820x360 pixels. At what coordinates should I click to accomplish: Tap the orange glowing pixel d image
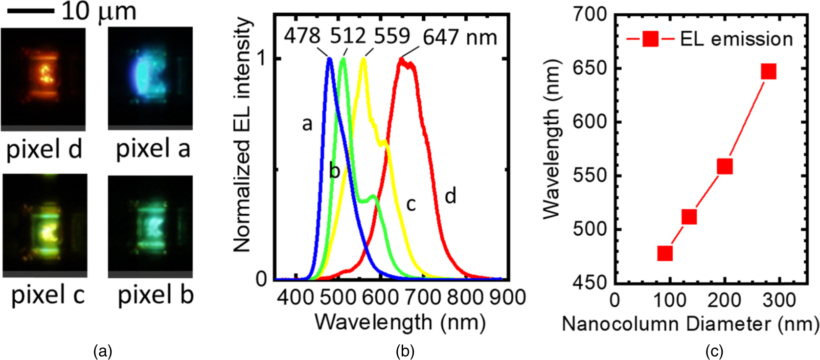(x=44, y=78)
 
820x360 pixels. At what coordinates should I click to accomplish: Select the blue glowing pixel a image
(x=150, y=78)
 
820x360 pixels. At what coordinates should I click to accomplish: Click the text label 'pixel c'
(x=47, y=295)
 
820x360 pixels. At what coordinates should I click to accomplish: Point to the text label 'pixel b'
(x=156, y=295)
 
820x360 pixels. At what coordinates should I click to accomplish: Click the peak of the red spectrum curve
(x=402, y=60)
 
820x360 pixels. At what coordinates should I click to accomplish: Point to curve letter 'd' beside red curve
(x=450, y=196)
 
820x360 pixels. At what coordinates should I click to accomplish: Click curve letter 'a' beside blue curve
(x=307, y=124)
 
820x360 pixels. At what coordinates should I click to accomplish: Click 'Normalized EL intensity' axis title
(x=243, y=135)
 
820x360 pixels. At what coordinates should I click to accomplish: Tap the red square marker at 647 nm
(x=769, y=71)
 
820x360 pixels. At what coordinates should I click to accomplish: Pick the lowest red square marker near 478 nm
(x=664, y=253)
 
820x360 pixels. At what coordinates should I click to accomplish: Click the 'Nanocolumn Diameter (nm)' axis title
(x=690, y=324)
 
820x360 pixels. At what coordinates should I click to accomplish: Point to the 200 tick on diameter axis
(x=724, y=299)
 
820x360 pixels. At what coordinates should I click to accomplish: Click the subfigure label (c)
(x=714, y=351)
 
